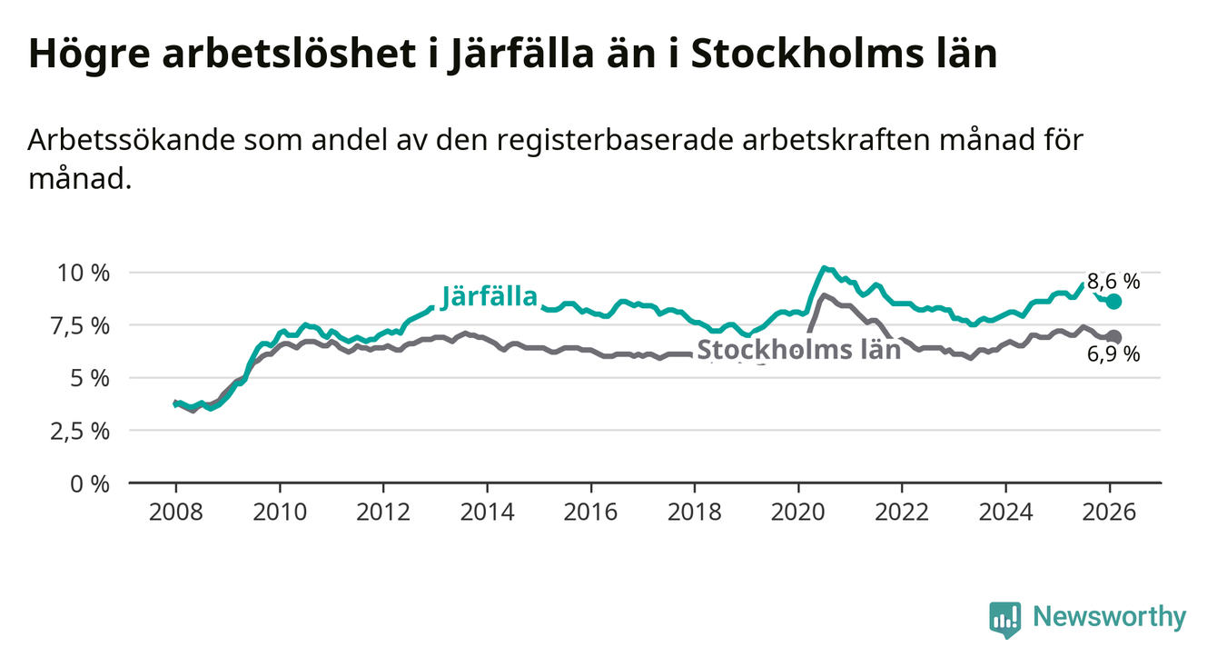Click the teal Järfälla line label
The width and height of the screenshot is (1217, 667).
coord(490,296)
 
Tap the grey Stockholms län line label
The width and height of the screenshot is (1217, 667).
coord(798,349)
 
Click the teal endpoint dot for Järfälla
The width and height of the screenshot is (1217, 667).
coord(1113,301)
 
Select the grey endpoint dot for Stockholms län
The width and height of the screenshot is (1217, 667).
coord(1113,336)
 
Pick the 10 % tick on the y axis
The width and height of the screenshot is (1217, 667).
coord(85,273)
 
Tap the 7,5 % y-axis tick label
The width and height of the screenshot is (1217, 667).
coord(80,325)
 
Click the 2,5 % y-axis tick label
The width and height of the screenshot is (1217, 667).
coord(80,431)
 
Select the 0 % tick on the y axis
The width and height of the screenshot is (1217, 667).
coord(92,483)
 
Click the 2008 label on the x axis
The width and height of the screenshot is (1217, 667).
coord(175,512)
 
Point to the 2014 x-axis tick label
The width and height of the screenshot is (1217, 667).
coord(487,512)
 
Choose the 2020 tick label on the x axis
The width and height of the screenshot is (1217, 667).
coord(797,512)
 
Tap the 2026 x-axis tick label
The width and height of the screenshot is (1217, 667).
coord(1109,512)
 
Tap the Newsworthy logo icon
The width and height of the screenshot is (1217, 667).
coord(1004,619)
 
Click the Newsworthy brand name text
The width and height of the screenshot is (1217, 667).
coord(1110,618)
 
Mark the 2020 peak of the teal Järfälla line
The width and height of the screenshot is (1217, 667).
coord(823,268)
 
